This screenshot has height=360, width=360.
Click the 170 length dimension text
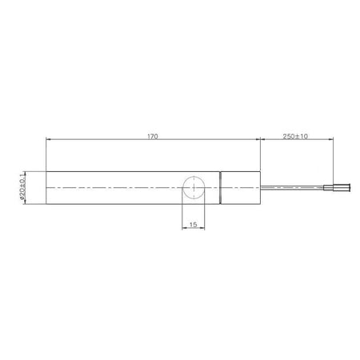pos(153,136)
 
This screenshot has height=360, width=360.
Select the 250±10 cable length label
pos(295,136)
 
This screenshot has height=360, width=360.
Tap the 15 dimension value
pos(193,225)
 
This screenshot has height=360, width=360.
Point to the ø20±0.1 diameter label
pos(22,187)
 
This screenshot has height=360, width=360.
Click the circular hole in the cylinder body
pos(194,187)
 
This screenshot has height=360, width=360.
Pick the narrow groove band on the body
pos(221,188)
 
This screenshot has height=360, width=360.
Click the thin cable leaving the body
pos(292,187)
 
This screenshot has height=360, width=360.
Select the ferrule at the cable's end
pos(337,188)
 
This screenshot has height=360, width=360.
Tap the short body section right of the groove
pos(241,188)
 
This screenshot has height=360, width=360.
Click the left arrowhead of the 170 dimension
pos(48,139)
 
